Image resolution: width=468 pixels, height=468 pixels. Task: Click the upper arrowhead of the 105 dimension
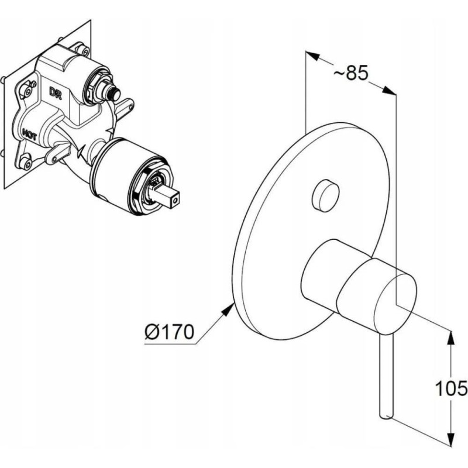point(451,337)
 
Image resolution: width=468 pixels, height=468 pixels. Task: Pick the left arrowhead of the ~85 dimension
point(313,57)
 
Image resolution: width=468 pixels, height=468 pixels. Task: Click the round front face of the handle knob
point(404,290)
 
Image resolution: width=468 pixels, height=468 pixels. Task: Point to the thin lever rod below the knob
point(387,374)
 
